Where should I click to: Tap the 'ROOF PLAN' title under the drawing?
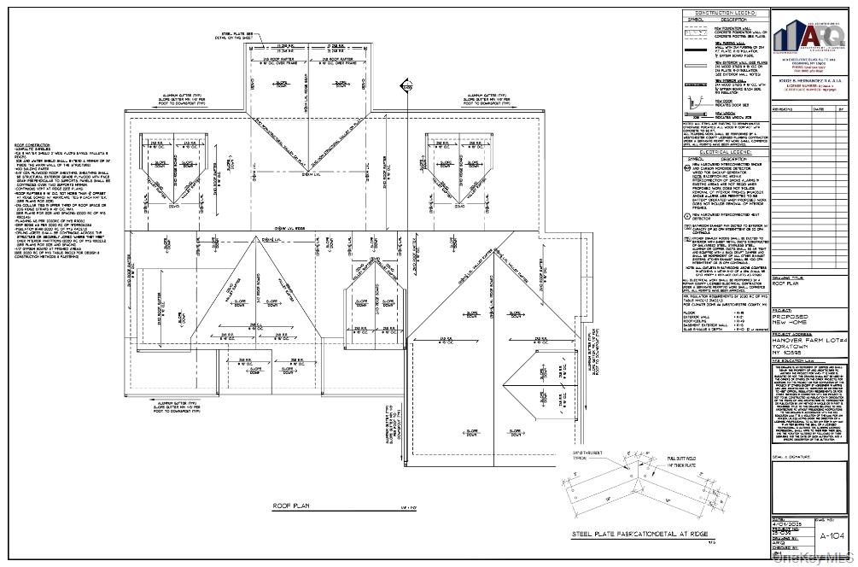pos(291,506)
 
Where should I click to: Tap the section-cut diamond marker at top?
pos(403,85)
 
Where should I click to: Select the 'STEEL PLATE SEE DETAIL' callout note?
pos(231,35)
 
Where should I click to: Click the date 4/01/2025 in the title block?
pos(785,523)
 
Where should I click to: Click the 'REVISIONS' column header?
pos(783,109)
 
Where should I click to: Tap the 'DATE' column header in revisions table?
pos(818,109)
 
